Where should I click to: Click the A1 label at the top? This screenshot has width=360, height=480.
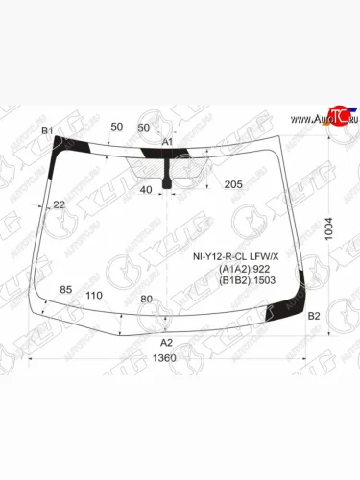pyautogui.click(x=166, y=143)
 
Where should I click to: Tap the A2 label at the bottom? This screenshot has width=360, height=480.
pyautogui.click(x=165, y=342)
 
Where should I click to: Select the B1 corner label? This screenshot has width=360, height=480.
pyautogui.click(x=47, y=130)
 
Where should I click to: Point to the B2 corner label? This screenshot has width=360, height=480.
pyautogui.click(x=313, y=316)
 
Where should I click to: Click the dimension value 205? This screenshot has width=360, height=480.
pyautogui.click(x=232, y=184)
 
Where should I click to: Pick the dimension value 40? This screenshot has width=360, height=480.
pyautogui.click(x=145, y=190)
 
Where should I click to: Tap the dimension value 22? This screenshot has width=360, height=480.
pyautogui.click(x=60, y=204)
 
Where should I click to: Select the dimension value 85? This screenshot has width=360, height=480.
pyautogui.click(x=66, y=289)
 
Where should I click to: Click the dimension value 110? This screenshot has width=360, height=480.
pyautogui.click(x=94, y=295)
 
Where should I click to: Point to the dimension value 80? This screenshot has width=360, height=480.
pyautogui.click(x=146, y=299)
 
